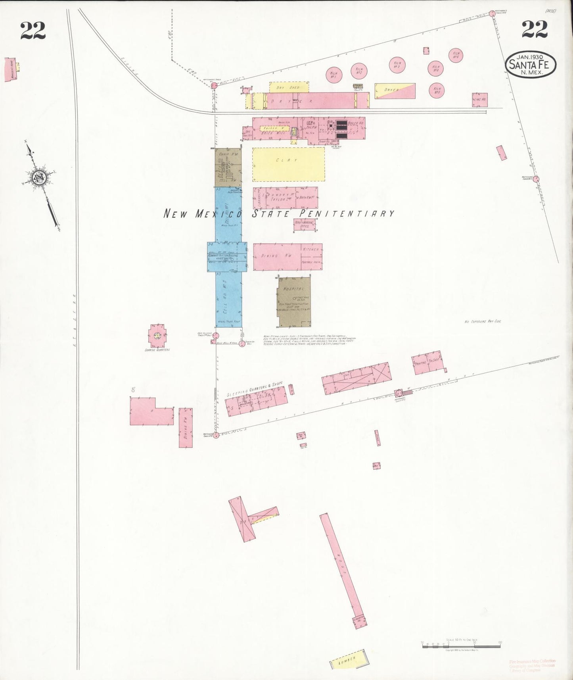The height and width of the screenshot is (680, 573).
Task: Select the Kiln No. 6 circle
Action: coord(456,55)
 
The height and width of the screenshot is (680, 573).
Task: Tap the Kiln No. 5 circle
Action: coord(437,91)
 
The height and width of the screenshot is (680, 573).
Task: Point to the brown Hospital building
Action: coord(294,302)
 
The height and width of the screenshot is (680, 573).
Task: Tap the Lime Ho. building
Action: coord(479,100)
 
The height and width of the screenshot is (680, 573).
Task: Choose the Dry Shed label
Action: coord(289,87)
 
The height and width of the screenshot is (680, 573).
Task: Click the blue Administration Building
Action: coord(227,257)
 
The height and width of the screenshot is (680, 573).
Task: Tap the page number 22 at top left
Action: coord(33,31)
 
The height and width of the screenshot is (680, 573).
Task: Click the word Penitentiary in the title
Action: coord(347,213)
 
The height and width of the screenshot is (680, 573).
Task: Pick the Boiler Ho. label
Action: coord(353,123)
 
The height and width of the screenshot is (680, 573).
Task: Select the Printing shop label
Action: coord(420,363)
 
